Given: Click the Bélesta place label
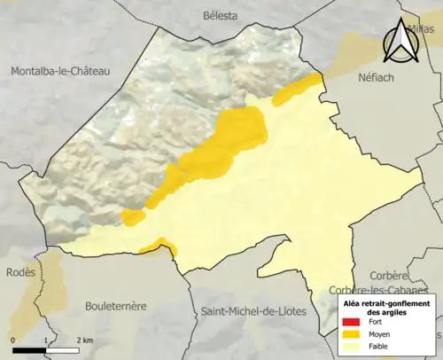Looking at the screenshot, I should pyautogui.click(x=221, y=15).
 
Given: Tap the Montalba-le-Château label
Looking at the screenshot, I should pyautogui.click(x=60, y=71).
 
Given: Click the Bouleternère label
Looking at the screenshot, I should pyautogui.click(x=115, y=306).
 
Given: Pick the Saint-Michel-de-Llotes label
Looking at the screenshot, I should pyautogui.click(x=256, y=311).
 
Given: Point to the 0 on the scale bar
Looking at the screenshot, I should pyautogui.click(x=13, y=340).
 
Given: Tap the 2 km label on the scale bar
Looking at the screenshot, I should pyautogui.click(x=84, y=340).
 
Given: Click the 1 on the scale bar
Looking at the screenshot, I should pyautogui.click(x=46, y=340).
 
